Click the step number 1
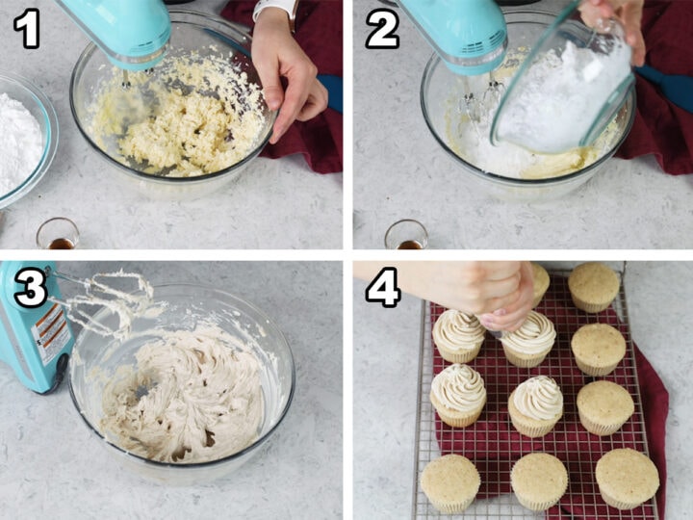coord(27,29)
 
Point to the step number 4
coord(382,288)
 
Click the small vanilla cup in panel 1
coord(58,234)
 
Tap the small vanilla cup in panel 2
coord(405,235)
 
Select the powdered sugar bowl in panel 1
coord(17,140)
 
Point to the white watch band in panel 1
coord(273,9)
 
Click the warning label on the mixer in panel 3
coord(50,333)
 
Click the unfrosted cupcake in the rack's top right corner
coord(594,286)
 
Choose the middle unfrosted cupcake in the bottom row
coord(539,481)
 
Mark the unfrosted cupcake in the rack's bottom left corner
coord(449,482)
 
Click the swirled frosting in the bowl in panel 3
coord(188,395)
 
